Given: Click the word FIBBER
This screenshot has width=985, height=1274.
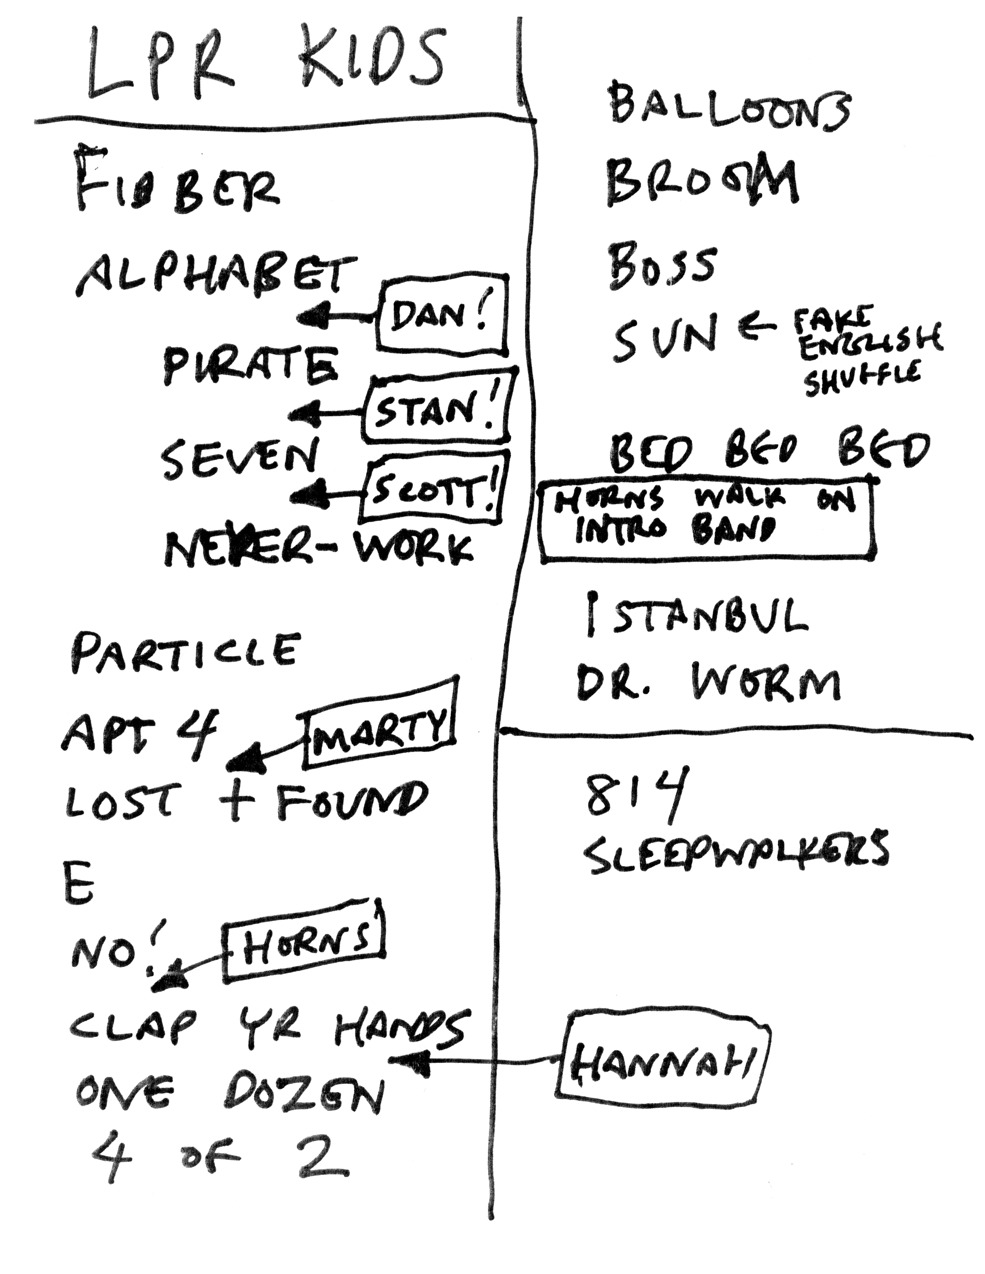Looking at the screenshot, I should pyautogui.click(x=178, y=184).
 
